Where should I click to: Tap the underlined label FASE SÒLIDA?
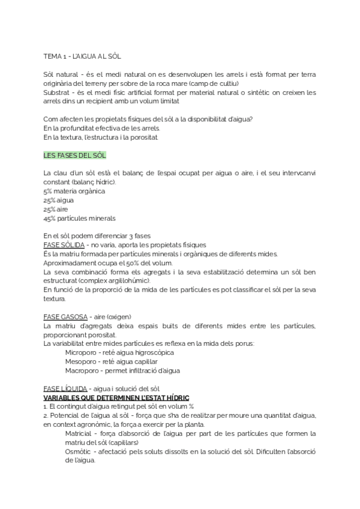pos(64,245)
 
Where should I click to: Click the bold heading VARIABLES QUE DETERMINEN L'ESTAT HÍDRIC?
pos(116,397)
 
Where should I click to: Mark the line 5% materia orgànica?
pos(74,191)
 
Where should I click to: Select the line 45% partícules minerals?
pos(80,218)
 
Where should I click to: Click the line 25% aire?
pos(56,209)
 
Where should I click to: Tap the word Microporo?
pos(82,352)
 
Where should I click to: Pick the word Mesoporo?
pos(82,361)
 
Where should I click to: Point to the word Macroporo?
pos(82,370)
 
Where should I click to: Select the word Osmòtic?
pos(80,451)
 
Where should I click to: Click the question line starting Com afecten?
pos(148,118)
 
